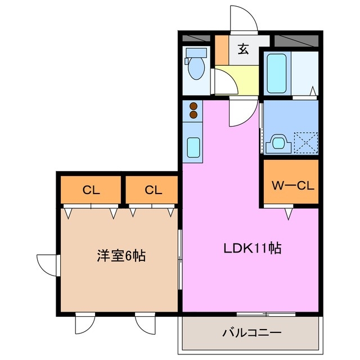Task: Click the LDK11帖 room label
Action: click(253, 248)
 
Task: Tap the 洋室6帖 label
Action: click(119, 256)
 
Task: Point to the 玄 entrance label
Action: click(243, 49)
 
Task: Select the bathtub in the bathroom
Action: click(277, 73)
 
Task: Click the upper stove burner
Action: click(194, 105)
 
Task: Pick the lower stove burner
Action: click(194, 114)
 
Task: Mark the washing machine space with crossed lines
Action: click(307, 141)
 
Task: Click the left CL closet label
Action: click(91, 190)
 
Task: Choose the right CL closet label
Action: click(152, 190)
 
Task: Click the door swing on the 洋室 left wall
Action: click(48, 265)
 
